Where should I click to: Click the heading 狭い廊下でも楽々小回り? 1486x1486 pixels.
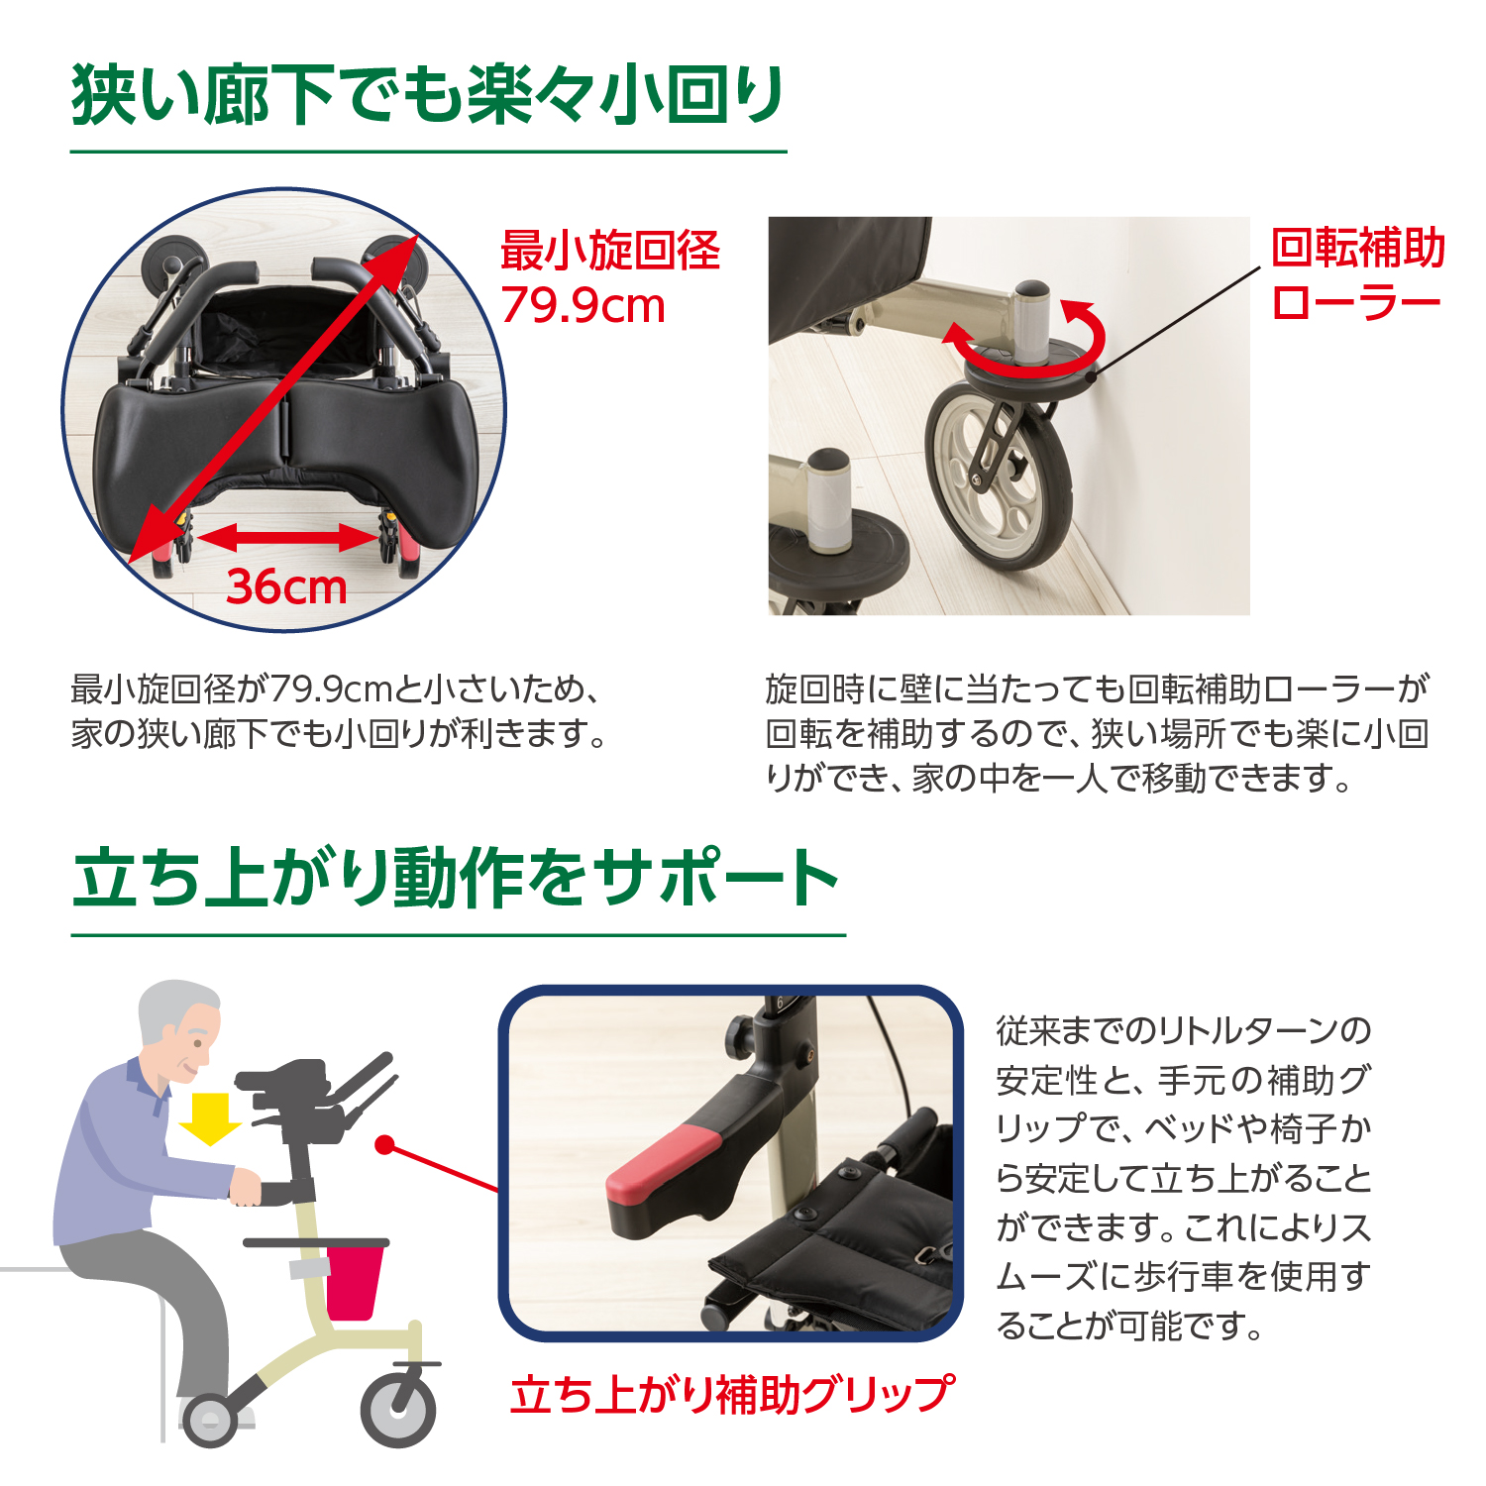(x=428, y=95)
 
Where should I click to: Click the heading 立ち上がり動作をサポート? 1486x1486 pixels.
(x=456, y=878)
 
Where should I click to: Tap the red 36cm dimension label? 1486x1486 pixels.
(x=287, y=586)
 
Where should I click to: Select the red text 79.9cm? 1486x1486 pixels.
(x=583, y=305)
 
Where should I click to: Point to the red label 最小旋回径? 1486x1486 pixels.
(x=610, y=251)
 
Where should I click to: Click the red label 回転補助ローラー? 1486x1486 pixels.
(x=1358, y=275)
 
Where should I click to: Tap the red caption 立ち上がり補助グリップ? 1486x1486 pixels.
(x=732, y=1394)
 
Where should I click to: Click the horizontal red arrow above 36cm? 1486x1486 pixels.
(x=287, y=538)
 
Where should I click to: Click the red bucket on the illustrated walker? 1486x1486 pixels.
(x=354, y=1282)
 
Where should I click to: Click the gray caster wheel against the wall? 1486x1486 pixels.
(x=999, y=477)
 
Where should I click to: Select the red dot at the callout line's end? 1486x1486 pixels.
(x=385, y=1146)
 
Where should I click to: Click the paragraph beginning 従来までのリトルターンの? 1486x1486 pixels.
(x=1184, y=1177)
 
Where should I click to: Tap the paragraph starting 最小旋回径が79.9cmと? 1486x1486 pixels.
(x=339, y=711)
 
